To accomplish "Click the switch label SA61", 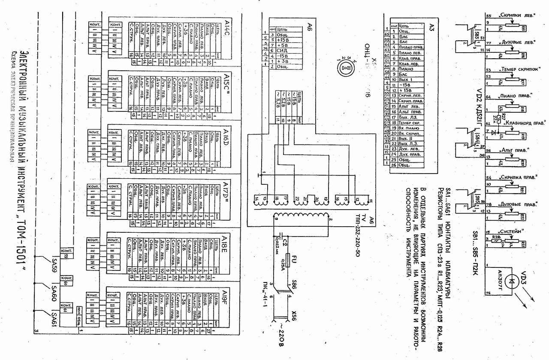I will pos(54,320).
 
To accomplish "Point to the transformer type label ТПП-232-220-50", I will pos(359,237).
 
